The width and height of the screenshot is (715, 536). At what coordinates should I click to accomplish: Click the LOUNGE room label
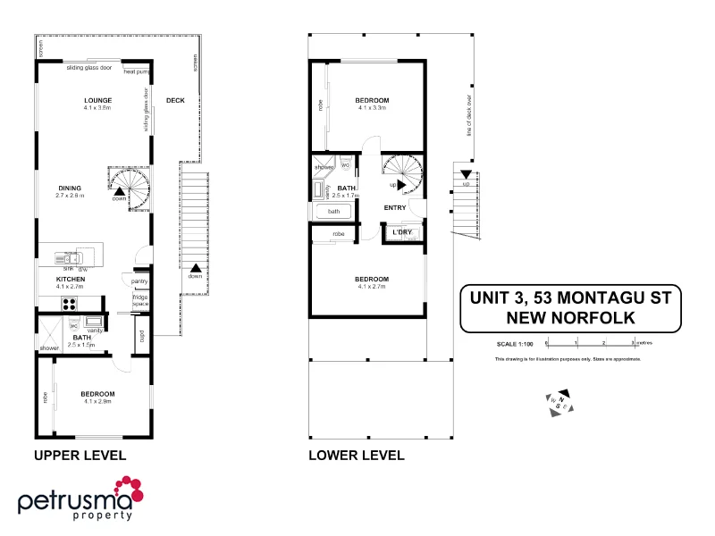coord(97,99)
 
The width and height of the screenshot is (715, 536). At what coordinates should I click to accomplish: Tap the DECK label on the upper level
coord(175,100)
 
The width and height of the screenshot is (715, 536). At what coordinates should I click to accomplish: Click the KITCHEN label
coord(70,280)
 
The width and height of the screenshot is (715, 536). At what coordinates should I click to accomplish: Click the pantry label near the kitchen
coord(139,281)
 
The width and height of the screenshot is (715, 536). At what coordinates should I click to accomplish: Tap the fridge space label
coord(139,300)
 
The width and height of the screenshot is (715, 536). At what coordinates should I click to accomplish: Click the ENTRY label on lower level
coord(395,208)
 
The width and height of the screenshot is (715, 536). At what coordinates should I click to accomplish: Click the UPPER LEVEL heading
coord(80,455)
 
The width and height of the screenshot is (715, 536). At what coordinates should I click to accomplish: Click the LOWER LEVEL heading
coord(356,455)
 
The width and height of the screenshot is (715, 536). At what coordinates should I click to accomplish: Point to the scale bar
coord(590,342)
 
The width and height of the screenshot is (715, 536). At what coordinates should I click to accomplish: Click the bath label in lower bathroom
coord(333,212)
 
